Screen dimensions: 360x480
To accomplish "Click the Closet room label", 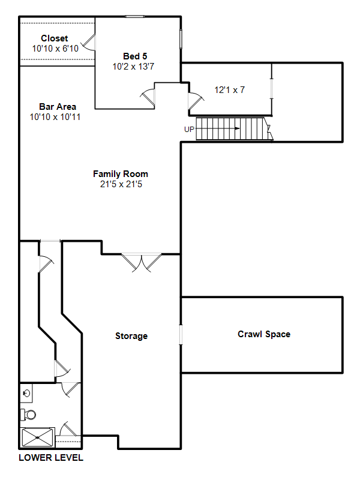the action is pyautogui.click(x=55, y=38).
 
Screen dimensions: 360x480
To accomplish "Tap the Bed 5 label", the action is pyautogui.click(x=135, y=56).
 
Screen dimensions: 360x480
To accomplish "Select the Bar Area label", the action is pyautogui.click(x=58, y=107).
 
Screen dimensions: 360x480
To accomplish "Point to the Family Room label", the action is pyautogui.click(x=121, y=174).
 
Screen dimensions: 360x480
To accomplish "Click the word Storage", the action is pyautogui.click(x=131, y=336).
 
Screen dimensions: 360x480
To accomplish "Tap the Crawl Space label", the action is pyautogui.click(x=264, y=334).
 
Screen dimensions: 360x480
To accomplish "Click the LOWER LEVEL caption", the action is pyautogui.click(x=51, y=458).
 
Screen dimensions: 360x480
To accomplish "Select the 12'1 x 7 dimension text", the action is pyautogui.click(x=230, y=90).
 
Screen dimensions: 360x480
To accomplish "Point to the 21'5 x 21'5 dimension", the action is pyautogui.click(x=121, y=184).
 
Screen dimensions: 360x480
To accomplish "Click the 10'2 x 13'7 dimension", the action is pyautogui.click(x=133, y=67).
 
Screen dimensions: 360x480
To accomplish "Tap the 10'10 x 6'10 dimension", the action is pyautogui.click(x=55, y=49).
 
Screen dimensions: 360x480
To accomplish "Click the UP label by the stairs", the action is pyautogui.click(x=189, y=130).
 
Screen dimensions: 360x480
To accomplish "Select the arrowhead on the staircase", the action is pyautogui.click(x=237, y=128).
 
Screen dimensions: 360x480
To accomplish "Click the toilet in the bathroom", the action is pyautogui.click(x=28, y=415).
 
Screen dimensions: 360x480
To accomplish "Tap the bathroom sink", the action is pyautogui.click(x=26, y=393).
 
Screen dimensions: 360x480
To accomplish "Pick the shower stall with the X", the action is pyautogui.click(x=37, y=437).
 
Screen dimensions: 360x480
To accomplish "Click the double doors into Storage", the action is pyautogui.click(x=142, y=263).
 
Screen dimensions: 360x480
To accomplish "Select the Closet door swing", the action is pyautogui.click(x=88, y=42).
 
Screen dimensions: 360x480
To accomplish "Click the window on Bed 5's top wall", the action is pyautogui.click(x=134, y=17).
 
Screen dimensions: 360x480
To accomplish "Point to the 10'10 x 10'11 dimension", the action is pyautogui.click(x=55, y=117).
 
